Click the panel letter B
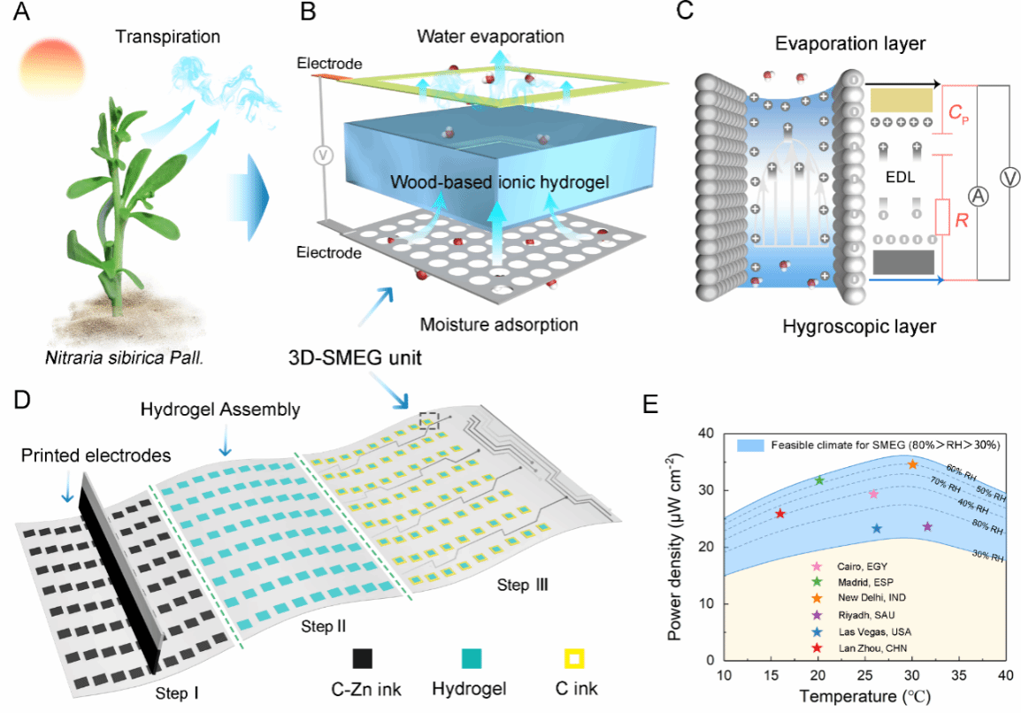(x=308, y=13)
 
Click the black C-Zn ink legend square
(x=361, y=659)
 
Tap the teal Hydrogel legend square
(x=472, y=659)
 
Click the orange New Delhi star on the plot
(x=913, y=464)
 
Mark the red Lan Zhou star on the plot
(x=780, y=514)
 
